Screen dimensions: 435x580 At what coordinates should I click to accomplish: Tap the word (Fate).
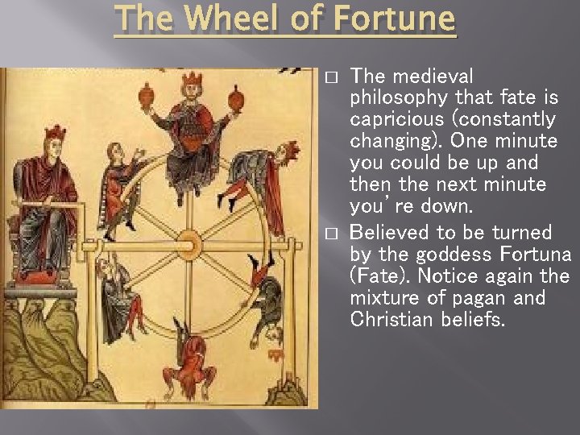[x=378, y=276]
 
